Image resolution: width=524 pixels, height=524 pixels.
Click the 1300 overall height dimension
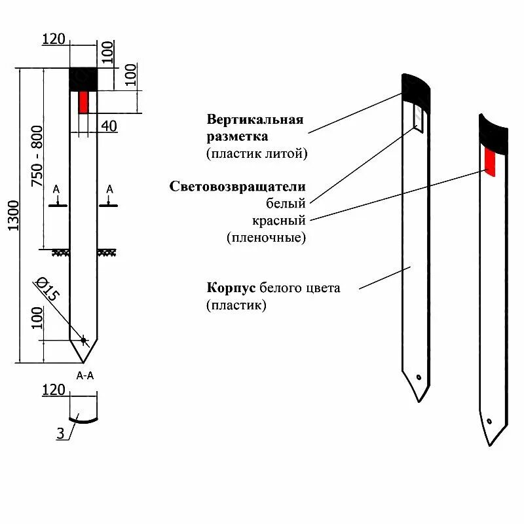(14, 215)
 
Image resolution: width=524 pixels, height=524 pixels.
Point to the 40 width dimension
(109, 126)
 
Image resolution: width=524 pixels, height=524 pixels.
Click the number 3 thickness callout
(60, 433)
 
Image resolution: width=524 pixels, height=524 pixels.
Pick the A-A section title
(85, 376)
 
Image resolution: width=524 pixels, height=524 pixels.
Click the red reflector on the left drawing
(83, 102)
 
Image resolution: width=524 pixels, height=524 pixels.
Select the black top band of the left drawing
(83, 79)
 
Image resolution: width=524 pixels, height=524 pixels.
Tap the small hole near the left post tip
(83, 339)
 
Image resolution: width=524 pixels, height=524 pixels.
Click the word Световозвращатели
(237, 187)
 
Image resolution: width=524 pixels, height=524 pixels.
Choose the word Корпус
(232, 288)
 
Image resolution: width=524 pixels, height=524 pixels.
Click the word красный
(278, 220)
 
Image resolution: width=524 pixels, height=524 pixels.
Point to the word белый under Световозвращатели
(286, 203)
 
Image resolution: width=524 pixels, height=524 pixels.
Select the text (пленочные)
(267, 237)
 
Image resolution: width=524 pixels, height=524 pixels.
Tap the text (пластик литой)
(257, 154)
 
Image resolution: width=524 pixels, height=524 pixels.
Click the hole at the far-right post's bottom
(489, 421)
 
